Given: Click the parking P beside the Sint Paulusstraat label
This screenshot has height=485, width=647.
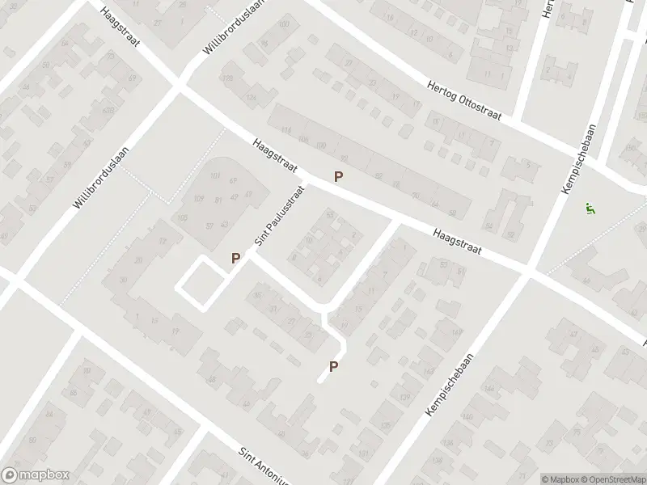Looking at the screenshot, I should click(x=235, y=258).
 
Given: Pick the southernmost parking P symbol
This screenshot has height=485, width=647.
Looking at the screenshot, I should click(x=333, y=367).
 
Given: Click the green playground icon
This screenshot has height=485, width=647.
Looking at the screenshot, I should click(x=590, y=208).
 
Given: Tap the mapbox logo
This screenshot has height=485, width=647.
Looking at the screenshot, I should click(x=32, y=475).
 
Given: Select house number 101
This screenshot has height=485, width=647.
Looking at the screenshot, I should click(x=214, y=176).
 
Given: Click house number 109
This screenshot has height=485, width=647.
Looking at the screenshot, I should click(x=199, y=199).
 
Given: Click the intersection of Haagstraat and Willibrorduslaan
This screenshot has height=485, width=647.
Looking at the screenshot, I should click(x=180, y=83).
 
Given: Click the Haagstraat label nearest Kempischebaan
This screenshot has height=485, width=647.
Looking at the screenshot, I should click(x=457, y=240).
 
